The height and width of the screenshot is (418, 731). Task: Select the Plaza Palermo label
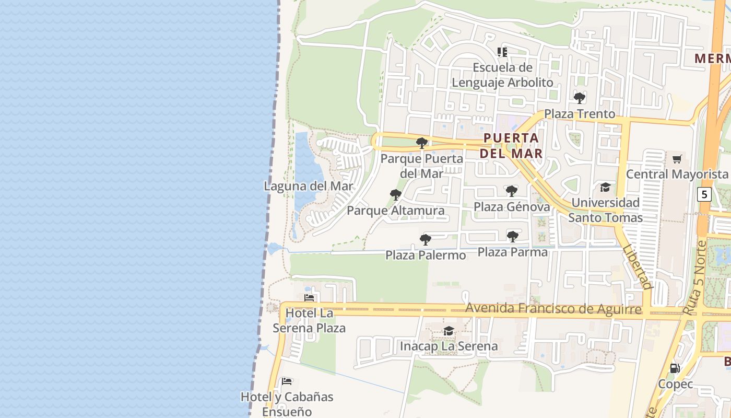pos(426,255)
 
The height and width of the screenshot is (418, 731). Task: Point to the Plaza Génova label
pos(512,207)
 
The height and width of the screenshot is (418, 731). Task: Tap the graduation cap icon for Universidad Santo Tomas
pos(605,187)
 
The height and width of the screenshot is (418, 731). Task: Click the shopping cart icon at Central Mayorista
pos(677,159)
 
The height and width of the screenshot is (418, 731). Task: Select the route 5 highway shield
pos(704,194)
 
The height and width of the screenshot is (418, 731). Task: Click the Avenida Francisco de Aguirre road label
pos(553,309)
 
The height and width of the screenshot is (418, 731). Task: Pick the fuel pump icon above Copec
pos(675,368)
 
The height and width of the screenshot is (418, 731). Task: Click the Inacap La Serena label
pos(449,346)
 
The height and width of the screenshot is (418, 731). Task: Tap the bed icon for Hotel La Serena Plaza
pos(309,298)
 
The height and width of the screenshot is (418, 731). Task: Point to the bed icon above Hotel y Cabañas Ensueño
pos(287,381)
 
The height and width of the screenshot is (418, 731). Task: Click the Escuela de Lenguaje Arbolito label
pos(502,75)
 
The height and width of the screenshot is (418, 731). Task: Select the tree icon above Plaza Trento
pos(580,98)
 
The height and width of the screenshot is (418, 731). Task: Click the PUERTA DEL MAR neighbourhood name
pos(511,146)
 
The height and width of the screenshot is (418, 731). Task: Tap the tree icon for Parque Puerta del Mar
pos(422,143)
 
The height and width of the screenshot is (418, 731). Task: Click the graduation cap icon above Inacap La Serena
pos(449,331)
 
